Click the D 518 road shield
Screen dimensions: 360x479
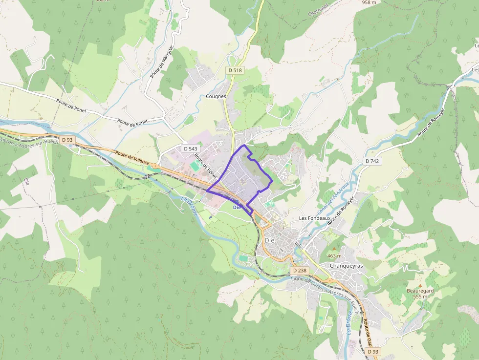[x=235, y=70]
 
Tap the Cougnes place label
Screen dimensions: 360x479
[x=216, y=96]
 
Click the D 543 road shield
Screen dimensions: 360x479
[x=191, y=148]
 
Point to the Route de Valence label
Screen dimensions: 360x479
[x=132, y=157]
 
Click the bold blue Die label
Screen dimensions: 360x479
[x=237, y=208]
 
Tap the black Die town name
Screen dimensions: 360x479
[x=269, y=240]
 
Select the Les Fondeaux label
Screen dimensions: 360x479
[x=313, y=218]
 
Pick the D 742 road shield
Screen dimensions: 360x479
[x=372, y=161]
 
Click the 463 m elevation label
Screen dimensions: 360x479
[x=334, y=256]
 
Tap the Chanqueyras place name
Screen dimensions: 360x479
[x=347, y=266]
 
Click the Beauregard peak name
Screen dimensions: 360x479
[x=420, y=291]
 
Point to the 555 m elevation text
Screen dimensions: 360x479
[x=420, y=296]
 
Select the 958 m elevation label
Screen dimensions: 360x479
[x=369, y=2]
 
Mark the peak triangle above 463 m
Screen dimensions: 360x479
[x=334, y=250]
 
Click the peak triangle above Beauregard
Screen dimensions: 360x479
[x=420, y=285]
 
